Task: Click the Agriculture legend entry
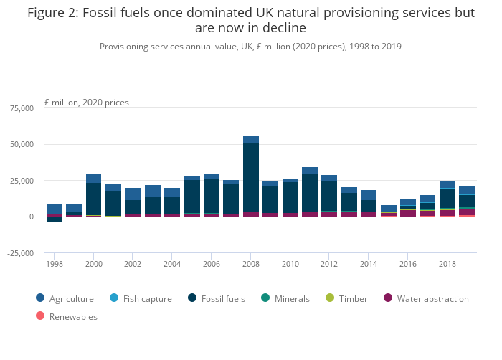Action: pyautogui.click(x=71, y=298)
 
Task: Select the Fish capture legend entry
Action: pyautogui.click(x=145, y=298)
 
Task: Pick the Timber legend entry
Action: pyautogui.click(x=351, y=298)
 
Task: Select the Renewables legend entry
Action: pyautogui.click(x=72, y=316)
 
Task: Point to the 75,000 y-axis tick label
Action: pyautogui.click(x=21, y=108)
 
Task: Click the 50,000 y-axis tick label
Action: pyautogui.click(x=21, y=144)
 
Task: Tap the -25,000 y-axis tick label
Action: pyautogui.click(x=19, y=252)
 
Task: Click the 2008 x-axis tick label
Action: pyautogui.click(x=251, y=264)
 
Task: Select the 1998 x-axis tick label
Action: pyautogui.click(x=55, y=264)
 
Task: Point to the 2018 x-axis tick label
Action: pyautogui.click(x=447, y=264)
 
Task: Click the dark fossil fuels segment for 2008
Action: pyautogui.click(x=251, y=176)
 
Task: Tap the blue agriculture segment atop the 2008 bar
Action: pyautogui.click(x=251, y=139)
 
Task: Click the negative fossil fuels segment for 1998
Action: pyautogui.click(x=55, y=219)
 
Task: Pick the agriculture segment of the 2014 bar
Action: pyautogui.click(x=369, y=194)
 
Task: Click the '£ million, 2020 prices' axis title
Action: pyautogui.click(x=87, y=103)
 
